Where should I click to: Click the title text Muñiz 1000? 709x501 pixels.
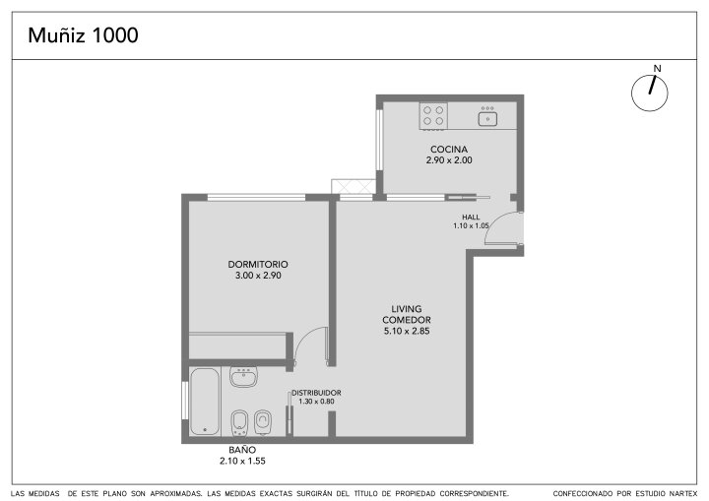click(83, 35)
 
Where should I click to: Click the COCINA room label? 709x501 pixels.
click(449, 150)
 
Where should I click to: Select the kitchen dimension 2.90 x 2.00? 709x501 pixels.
click(449, 160)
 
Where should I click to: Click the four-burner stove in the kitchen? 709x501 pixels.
click(433, 116)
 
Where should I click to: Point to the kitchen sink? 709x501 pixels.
click(487, 117)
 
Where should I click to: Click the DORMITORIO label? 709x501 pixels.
click(258, 265)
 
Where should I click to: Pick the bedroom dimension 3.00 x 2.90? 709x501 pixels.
click(258, 276)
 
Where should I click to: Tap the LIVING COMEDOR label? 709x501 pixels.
click(407, 314)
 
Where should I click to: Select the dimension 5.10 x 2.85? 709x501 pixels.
click(407, 331)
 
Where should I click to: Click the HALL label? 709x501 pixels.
click(471, 218)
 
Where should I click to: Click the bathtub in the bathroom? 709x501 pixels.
click(205, 402)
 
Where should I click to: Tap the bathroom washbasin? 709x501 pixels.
click(244, 377)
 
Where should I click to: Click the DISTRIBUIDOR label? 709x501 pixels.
click(316, 393)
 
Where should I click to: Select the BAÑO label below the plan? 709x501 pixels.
click(242, 450)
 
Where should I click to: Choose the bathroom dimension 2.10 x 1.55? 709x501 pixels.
click(242, 462)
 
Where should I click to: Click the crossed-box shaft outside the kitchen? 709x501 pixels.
click(354, 187)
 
